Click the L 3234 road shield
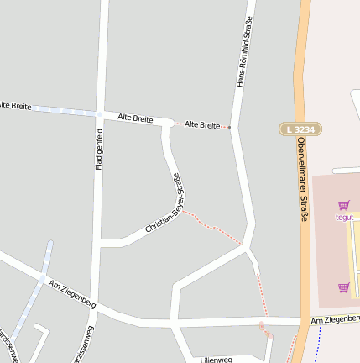tap(300, 129)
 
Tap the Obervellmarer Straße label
tap(301, 181)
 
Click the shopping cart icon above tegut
tap(343, 205)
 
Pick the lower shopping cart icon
tap(343, 287)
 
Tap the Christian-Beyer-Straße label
tap(164, 203)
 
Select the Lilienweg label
tap(217, 359)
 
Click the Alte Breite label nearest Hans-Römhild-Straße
tap(201, 124)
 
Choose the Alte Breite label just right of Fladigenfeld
tap(135, 118)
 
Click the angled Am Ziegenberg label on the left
tap(72, 292)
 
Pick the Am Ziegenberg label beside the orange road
tap(334, 320)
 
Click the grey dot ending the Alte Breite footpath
tap(230, 128)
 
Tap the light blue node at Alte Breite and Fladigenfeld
tap(100, 113)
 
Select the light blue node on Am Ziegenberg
tap(42, 278)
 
